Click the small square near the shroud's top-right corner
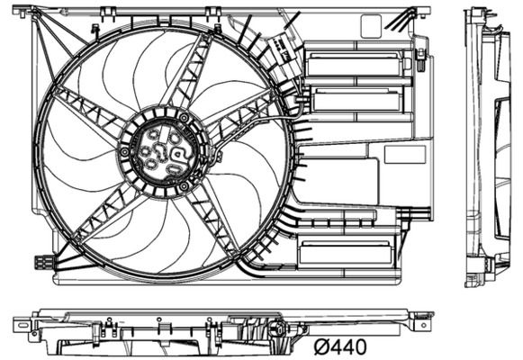[x=371, y=26]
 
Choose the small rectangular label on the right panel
[x=403, y=154]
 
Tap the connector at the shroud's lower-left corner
[x=42, y=263]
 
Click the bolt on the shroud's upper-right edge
[x=420, y=58]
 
